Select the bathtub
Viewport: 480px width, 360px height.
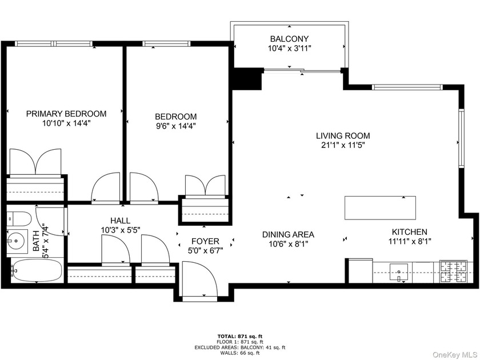[x=37, y=271]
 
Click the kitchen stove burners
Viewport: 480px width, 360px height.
[x=453, y=271]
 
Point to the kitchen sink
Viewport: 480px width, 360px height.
[x=399, y=272]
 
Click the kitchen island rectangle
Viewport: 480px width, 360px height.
[x=380, y=208]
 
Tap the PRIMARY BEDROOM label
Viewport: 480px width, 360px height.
[x=66, y=114]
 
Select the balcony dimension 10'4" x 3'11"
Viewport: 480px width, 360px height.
[x=289, y=49]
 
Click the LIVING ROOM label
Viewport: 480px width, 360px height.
[x=343, y=135]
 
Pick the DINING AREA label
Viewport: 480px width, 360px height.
[x=288, y=234]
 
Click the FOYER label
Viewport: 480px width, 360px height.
[x=205, y=241]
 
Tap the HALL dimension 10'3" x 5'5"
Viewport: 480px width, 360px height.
[x=121, y=230]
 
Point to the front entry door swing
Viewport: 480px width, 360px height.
[x=200, y=279]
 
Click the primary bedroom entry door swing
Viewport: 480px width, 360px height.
[x=106, y=187]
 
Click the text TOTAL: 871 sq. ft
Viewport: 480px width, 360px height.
[x=240, y=336]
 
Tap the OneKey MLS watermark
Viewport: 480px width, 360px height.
[x=455, y=354]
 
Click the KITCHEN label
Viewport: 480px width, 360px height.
[x=410, y=232]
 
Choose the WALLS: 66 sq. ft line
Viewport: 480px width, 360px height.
[x=239, y=353]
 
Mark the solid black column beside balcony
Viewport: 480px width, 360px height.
[x=247, y=79]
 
